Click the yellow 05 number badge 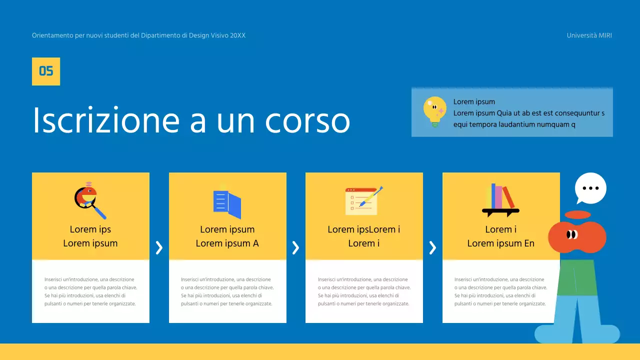[46, 71]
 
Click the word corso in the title [307, 120]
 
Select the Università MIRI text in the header [589, 35]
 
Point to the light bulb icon [434, 111]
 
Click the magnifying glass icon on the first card [90, 202]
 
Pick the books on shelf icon [500, 200]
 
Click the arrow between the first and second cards [159, 247]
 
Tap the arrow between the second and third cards [295, 247]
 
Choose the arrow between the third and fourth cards [432, 247]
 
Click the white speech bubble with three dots [590, 188]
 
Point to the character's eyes [572, 234]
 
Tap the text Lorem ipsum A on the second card [227, 243]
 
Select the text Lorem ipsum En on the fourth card [500, 243]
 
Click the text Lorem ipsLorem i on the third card [363, 229]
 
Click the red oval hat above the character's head [577, 215]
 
